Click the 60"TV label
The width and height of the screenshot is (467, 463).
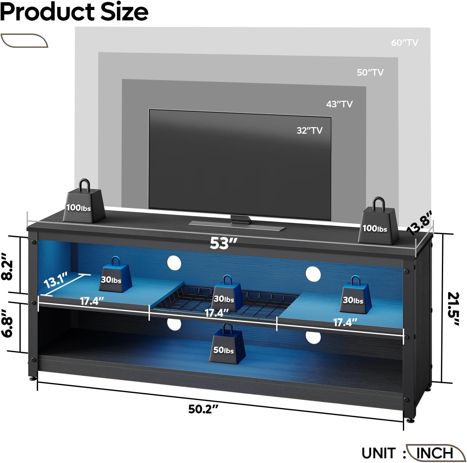click(x=404, y=42)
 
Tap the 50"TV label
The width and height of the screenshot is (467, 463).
click(x=370, y=73)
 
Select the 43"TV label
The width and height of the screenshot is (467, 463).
click(x=339, y=104)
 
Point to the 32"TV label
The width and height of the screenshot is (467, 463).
click(x=310, y=130)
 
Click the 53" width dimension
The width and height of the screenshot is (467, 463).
click(x=223, y=243)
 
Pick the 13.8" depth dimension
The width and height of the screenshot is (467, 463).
click(x=420, y=223)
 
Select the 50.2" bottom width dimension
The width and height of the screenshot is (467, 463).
click(x=203, y=409)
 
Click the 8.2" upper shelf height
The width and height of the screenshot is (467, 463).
click(x=7, y=266)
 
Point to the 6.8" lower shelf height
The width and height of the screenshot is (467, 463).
click(x=7, y=323)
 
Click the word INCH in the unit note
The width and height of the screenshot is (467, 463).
click(x=435, y=453)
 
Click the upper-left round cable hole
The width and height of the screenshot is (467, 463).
click(x=174, y=262)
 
